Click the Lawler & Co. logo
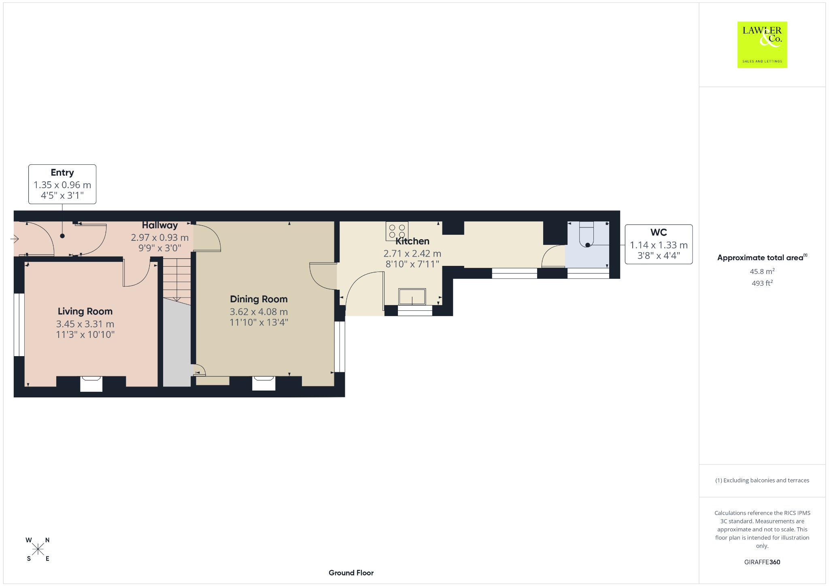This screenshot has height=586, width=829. (762, 45)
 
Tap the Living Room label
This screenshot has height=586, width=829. (85, 311)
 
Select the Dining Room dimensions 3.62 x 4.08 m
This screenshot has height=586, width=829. (259, 312)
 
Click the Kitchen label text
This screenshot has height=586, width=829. (412, 241)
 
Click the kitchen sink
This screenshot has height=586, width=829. (412, 297)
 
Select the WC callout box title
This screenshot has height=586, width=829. (659, 232)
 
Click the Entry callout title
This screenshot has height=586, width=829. (62, 172)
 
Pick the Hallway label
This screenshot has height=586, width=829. (160, 225)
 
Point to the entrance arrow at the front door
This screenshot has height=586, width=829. (15, 239)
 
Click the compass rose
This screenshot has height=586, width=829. (38, 549)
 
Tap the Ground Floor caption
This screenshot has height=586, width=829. (351, 573)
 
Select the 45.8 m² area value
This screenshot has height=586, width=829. (762, 271)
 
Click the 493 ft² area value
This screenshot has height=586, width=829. (762, 283)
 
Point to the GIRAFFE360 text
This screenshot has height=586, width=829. (762, 562)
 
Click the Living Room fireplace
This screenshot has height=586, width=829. (91, 384)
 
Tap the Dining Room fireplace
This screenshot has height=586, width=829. (264, 383)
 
